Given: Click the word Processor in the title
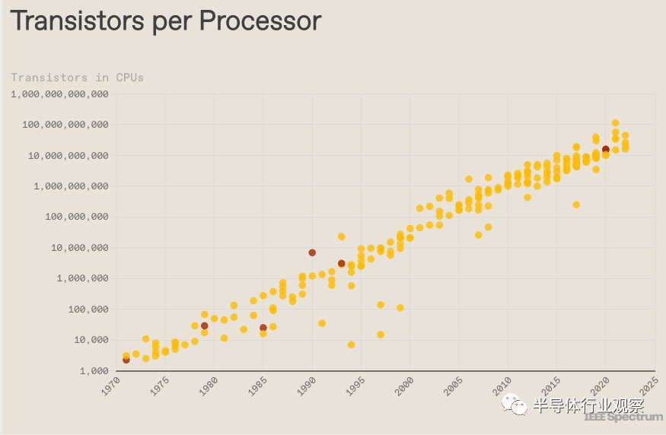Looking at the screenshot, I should coord(258,21).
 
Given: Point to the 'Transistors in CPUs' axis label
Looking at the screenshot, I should coord(77,78).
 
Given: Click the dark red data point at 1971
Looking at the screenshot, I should coord(126,360).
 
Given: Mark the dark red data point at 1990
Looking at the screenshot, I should coord(312,252).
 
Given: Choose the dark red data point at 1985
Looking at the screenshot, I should coord(263,328).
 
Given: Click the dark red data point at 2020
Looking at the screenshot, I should coord(606,150).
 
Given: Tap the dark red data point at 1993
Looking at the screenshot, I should coord(342,264).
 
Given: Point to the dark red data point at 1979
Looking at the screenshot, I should coord(205,325).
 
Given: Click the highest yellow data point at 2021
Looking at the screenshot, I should coord(616,123).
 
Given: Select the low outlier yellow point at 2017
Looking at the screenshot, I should coord(576,205).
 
